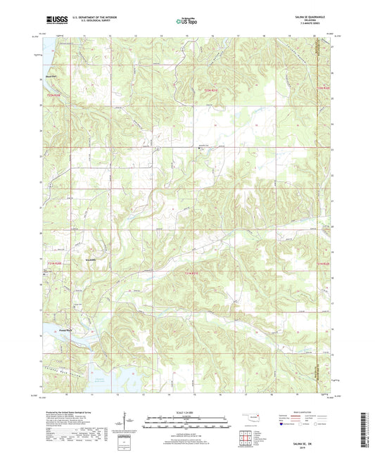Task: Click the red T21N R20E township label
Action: tap(54, 263)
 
